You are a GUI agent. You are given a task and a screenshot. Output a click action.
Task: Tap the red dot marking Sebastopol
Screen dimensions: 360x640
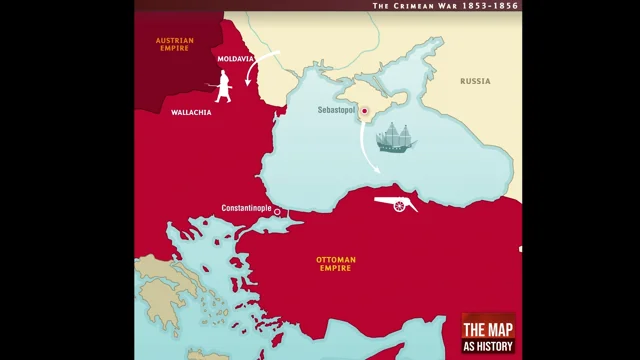tap(365, 111)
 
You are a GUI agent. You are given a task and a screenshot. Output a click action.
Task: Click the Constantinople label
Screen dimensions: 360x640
tap(246, 209)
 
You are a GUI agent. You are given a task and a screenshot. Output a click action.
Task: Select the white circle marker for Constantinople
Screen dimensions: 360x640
tap(277, 212)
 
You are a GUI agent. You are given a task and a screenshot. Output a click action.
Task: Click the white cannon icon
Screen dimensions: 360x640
tap(397, 204)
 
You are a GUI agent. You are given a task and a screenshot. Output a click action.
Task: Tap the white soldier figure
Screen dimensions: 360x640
tap(223, 86)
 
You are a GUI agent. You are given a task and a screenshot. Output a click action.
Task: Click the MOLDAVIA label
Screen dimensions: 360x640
tap(235, 59)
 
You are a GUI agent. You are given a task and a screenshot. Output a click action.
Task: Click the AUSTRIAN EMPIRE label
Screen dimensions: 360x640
tap(174, 44)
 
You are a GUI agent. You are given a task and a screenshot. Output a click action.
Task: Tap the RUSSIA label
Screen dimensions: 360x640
tap(475, 81)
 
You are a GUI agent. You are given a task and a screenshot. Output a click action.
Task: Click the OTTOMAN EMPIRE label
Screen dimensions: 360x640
tap(337, 264)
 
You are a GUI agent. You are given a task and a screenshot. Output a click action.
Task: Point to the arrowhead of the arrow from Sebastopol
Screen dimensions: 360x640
tap(377, 171)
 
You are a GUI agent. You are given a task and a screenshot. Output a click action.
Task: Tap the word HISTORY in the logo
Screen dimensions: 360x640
tap(496, 347)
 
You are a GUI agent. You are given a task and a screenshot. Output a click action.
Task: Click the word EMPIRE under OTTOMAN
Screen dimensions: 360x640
tap(337, 269)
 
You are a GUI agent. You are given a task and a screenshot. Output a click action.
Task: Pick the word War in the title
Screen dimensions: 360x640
tap(450, 5)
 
